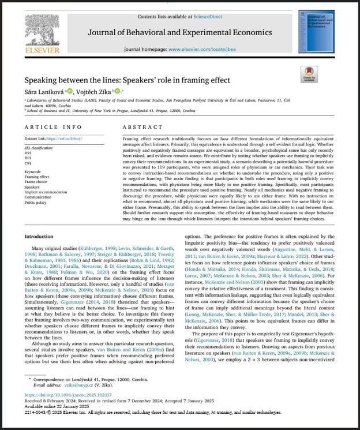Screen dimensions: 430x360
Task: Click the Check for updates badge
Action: coord(309,74)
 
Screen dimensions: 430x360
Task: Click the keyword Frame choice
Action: coord(36,182)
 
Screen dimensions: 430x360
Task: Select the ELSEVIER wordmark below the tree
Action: coord(42,50)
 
